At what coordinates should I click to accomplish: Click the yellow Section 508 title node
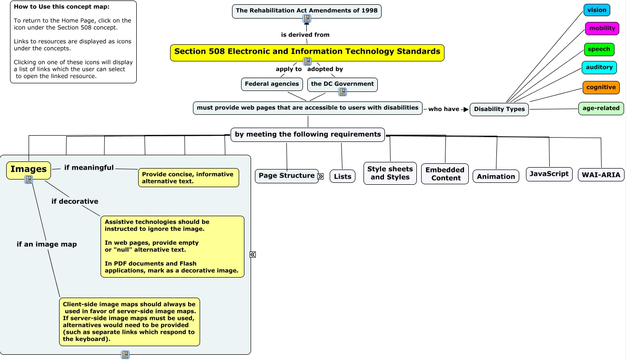click(307, 52)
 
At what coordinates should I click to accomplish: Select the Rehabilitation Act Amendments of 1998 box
click(306, 10)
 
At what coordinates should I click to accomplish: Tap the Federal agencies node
click(272, 84)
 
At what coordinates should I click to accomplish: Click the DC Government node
click(342, 84)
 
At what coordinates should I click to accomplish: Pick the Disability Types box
click(499, 109)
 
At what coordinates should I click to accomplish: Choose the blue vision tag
click(596, 10)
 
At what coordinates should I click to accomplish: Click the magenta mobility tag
click(602, 29)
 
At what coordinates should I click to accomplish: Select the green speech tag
click(599, 50)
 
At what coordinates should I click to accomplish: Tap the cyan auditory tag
click(599, 68)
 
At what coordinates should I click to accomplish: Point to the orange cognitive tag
click(601, 88)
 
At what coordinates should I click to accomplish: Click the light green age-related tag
click(601, 108)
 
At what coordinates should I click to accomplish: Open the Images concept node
click(29, 169)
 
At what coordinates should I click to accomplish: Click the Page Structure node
click(286, 176)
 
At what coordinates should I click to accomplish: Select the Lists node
click(342, 177)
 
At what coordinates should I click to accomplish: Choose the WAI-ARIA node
click(601, 175)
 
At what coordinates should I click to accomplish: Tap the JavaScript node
click(549, 174)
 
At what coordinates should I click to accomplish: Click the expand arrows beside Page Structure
click(320, 176)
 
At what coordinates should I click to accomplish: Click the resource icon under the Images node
click(29, 180)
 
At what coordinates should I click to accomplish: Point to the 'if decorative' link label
click(75, 201)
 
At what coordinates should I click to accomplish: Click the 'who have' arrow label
click(444, 109)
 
